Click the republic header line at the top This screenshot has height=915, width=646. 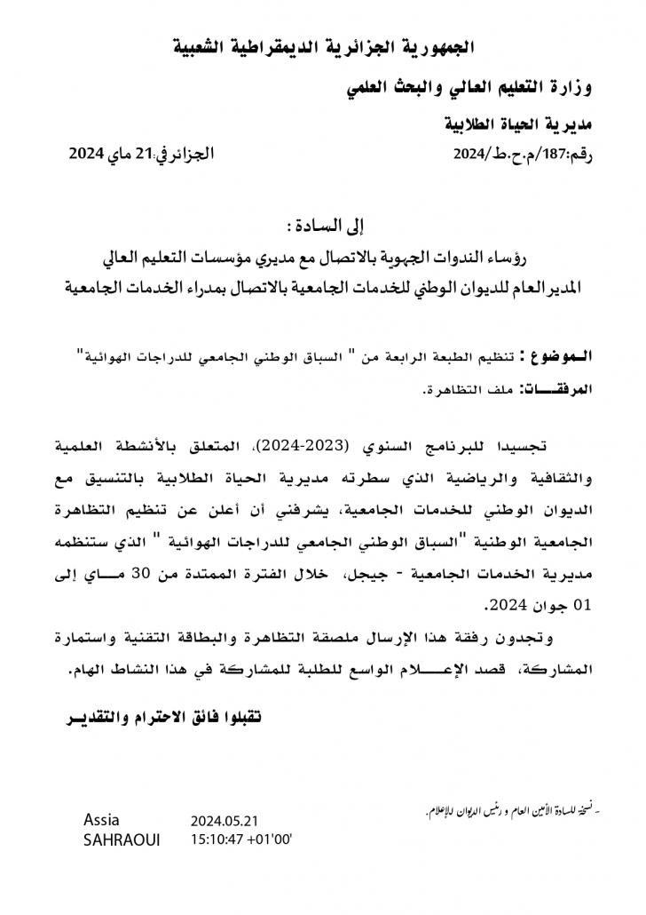[x=323, y=46]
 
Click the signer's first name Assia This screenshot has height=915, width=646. [x=101, y=819]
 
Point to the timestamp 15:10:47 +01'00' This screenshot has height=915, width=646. [x=241, y=839]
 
